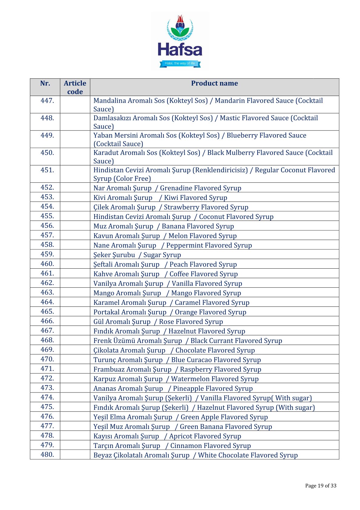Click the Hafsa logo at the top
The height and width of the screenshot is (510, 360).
[x=180, y=41]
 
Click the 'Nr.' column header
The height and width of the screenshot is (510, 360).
[x=45, y=83]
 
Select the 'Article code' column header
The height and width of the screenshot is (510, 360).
[x=75, y=87]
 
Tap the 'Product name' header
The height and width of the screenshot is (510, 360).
[x=214, y=83]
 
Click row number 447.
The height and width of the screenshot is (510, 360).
[x=47, y=101]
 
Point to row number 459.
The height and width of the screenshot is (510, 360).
[x=47, y=254]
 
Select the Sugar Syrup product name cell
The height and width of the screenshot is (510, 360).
[x=137, y=255]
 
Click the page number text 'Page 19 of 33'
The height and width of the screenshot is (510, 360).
[x=321, y=486]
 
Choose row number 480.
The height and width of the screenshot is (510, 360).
[x=47, y=454]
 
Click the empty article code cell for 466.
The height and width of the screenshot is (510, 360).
[x=75, y=321]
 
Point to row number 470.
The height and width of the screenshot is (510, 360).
[x=47, y=359]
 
